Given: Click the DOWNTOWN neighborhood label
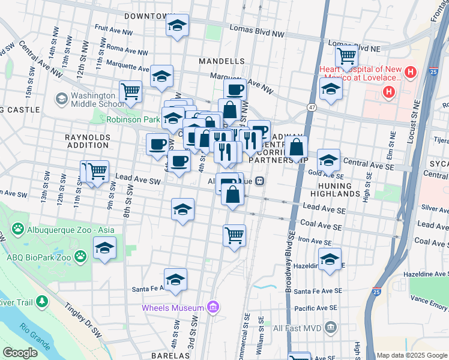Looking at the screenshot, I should coord(145,16).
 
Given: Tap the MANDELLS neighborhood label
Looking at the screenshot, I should coord(221,61).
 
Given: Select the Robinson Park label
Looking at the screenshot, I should coord(133,119).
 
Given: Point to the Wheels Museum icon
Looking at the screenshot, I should coord(212,308).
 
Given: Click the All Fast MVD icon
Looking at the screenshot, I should coord(330,328).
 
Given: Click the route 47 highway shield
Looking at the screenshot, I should coord(312,107).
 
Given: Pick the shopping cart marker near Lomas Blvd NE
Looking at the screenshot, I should coord(346,56).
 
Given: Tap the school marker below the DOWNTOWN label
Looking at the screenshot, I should coord(177,26).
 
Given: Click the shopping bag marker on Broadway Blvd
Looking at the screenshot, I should coord(297,146).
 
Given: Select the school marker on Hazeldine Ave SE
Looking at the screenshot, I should coord(329,259).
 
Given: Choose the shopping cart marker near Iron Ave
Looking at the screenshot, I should coord(234,234).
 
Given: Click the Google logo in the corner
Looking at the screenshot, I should coord(20,353).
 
